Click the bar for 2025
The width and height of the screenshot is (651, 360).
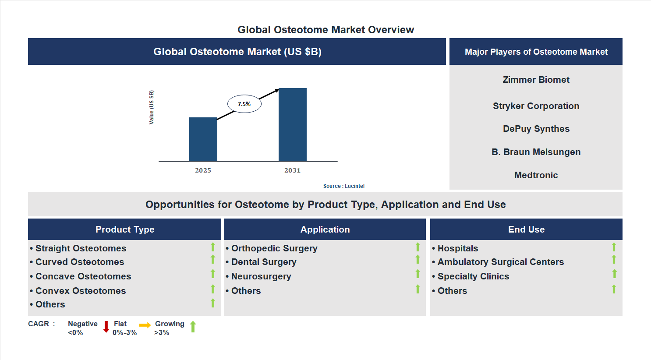tap(203, 139)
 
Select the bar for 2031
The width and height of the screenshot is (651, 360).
tap(292, 125)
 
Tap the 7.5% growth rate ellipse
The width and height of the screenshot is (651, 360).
tap(244, 104)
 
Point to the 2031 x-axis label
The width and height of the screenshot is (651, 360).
tap(292, 170)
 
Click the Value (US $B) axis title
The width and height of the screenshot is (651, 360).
tap(152, 107)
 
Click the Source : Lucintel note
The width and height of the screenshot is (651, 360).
tap(343, 186)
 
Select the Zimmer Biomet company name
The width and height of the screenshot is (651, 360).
tap(536, 80)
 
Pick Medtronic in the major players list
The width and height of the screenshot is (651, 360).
tap(536, 175)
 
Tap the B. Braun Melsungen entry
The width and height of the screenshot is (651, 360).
tap(536, 152)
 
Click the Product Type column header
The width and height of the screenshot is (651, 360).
tap(125, 229)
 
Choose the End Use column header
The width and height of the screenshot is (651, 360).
tap(526, 229)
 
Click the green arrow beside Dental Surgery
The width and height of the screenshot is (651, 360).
tap(417, 260)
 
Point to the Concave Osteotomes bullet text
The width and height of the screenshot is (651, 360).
tap(83, 276)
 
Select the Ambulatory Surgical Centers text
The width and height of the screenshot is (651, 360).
tap(500, 262)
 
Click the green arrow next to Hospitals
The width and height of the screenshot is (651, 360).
tap(614, 247)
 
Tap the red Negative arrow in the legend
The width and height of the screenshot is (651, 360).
tap(106, 327)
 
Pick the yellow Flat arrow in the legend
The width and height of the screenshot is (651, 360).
tap(145, 325)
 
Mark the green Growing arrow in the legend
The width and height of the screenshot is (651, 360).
tap(193, 327)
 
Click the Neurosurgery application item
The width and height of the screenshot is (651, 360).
tap(261, 276)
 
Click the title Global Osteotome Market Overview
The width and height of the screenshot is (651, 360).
tap(325, 30)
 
